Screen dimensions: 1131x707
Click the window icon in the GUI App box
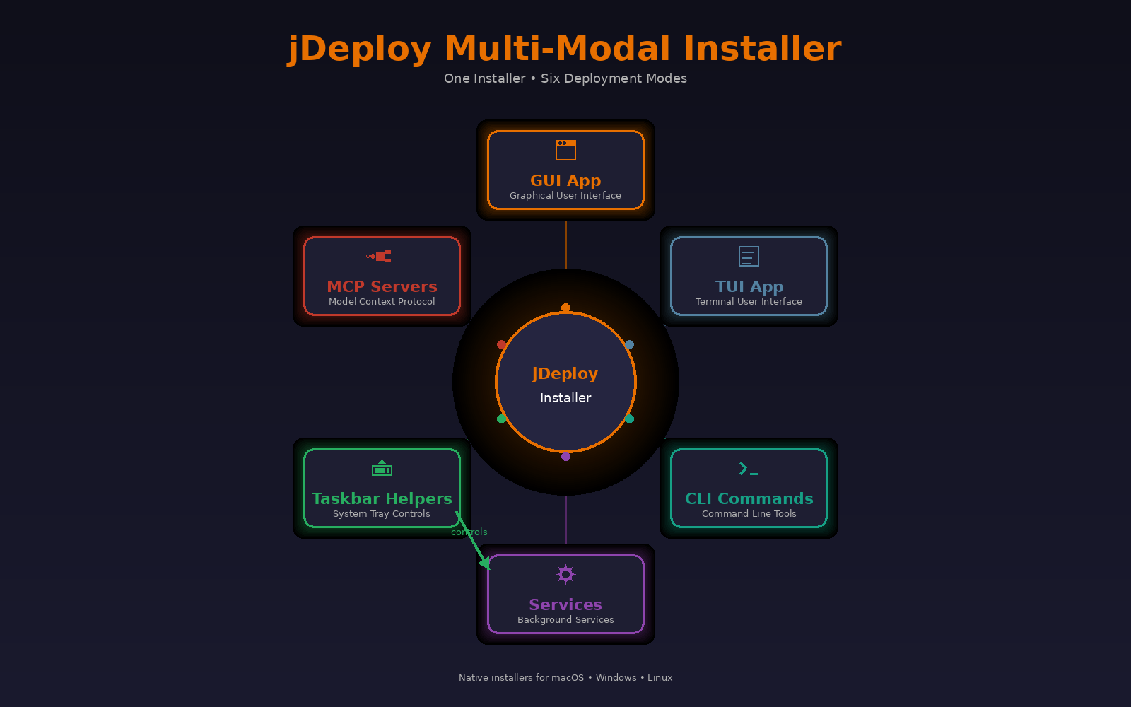click(565, 150)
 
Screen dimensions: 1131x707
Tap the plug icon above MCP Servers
click(379, 257)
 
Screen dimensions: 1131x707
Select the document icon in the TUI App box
click(749, 256)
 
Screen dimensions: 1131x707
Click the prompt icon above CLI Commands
click(749, 469)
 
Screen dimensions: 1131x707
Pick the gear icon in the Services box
click(565, 574)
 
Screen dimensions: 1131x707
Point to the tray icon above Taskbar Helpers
click(382, 468)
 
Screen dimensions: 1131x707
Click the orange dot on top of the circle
click(565, 308)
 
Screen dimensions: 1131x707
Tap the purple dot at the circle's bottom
click(565, 457)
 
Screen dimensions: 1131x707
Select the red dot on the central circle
click(501, 344)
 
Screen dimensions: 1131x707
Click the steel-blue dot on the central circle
click(630, 344)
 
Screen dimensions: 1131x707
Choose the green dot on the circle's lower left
click(501, 419)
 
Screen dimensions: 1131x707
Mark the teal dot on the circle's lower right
click(630, 419)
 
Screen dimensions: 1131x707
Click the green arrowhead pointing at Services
click(485, 563)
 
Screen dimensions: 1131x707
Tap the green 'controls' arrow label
click(469, 532)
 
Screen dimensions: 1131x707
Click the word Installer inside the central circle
click(565, 398)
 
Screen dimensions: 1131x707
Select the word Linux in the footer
click(660, 678)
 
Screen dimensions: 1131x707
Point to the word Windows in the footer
click(616, 678)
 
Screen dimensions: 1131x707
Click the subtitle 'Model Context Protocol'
click(382, 301)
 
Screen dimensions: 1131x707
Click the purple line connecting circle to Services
click(565, 520)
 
